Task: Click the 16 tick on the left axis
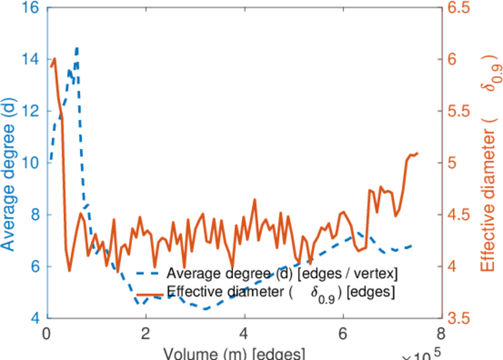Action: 31,8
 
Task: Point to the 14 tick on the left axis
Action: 31,59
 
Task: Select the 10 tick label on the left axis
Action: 31,163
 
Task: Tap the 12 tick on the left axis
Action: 31,112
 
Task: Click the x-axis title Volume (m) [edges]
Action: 234,353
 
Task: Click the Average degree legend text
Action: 282,274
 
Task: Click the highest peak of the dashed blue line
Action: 77,47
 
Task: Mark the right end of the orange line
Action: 417,154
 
